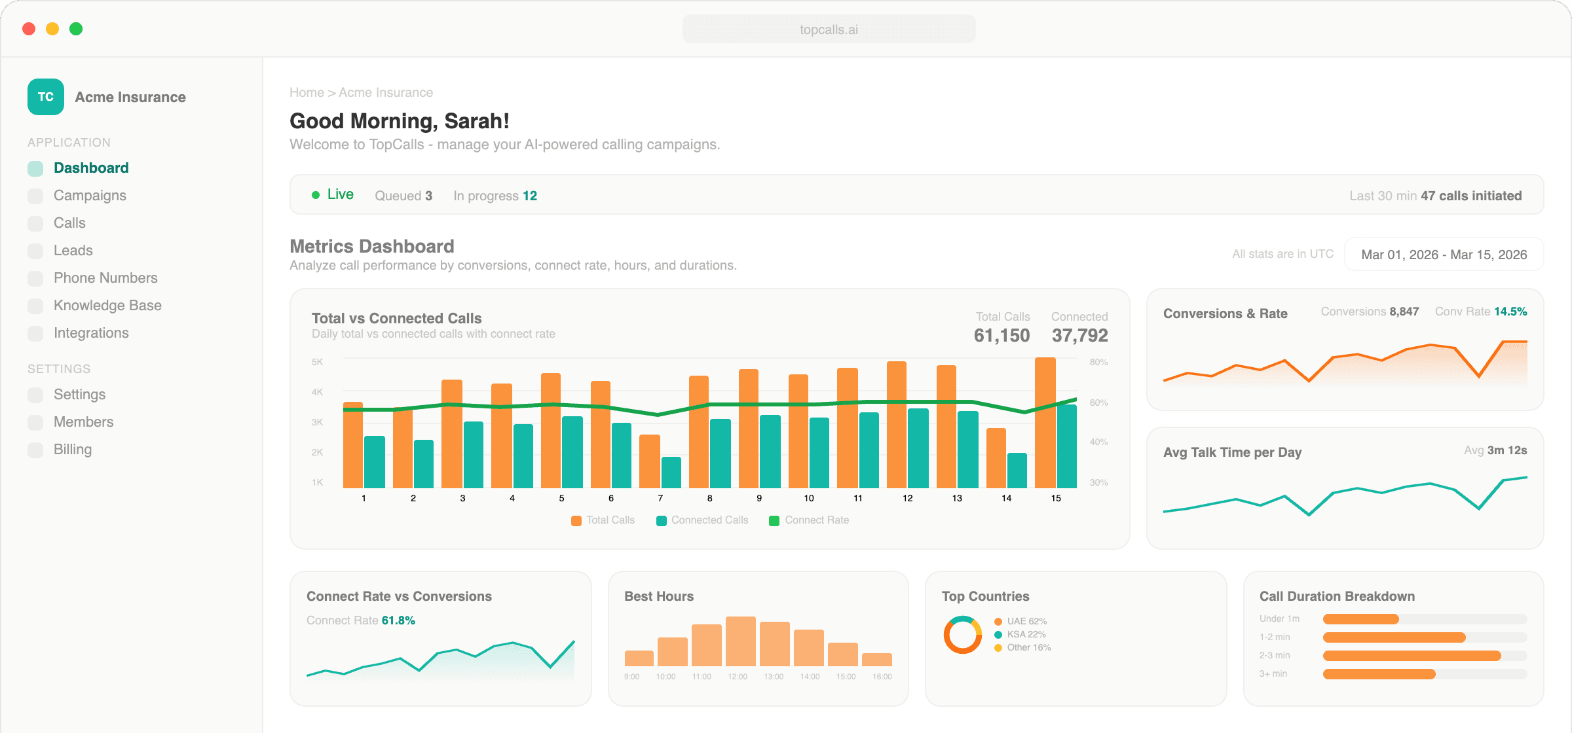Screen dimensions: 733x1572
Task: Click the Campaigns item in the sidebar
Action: pos(90,196)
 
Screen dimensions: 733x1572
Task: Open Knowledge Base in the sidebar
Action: pos(107,306)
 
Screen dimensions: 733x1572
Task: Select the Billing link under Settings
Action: pos(72,450)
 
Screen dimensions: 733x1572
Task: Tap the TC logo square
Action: pos(46,97)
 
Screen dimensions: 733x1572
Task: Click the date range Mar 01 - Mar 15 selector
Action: pos(1444,255)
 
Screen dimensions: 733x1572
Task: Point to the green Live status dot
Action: pos(316,195)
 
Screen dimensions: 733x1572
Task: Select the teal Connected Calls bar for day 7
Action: pos(671,473)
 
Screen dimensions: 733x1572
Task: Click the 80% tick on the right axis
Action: pos(1098,363)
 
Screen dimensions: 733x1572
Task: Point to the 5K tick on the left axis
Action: pos(318,363)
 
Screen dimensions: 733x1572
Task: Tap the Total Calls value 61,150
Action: pos(1001,336)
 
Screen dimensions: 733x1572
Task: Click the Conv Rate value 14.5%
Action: pos(1510,312)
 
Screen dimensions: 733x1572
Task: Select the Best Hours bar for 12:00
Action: pos(741,641)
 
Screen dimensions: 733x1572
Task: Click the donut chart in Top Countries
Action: pos(962,635)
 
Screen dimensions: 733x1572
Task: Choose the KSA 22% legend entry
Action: pos(1026,634)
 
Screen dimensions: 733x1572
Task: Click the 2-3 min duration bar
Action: pos(1412,656)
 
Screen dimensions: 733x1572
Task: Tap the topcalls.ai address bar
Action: pos(829,29)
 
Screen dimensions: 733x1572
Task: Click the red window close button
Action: pos(29,29)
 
